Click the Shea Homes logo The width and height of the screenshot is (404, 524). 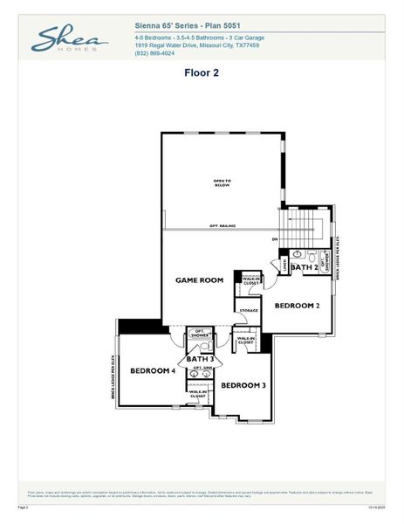pos(70,39)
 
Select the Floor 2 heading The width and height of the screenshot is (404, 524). pos(201,73)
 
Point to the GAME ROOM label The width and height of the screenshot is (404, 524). pos(200,280)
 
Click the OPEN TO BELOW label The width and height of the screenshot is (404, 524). pos(223,183)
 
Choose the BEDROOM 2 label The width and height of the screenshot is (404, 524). pos(298,306)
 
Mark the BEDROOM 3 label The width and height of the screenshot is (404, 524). pos(243,385)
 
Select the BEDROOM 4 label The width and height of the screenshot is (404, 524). pos(153,371)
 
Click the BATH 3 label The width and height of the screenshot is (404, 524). pos(200,359)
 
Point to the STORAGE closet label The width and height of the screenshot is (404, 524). pos(249,310)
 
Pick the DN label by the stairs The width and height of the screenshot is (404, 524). pos(274,238)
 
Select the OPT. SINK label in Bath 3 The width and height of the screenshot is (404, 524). pos(202,369)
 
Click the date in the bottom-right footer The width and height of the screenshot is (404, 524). pos(377,506)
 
